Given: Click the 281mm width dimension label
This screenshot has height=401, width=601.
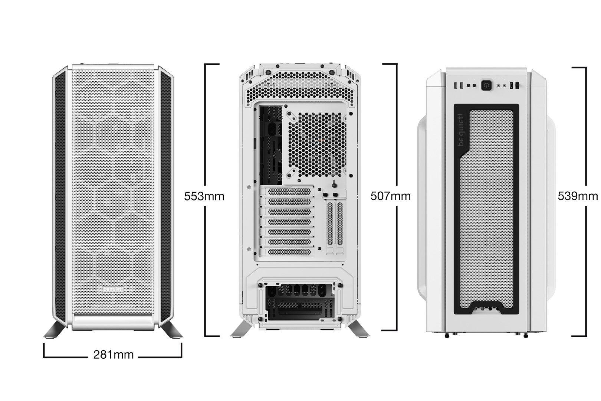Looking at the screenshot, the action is (x=114, y=355).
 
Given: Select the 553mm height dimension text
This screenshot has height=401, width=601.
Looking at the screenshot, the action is (x=204, y=196).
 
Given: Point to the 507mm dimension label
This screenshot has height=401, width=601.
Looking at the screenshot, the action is (x=390, y=196).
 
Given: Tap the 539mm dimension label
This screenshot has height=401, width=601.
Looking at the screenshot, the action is (x=578, y=196).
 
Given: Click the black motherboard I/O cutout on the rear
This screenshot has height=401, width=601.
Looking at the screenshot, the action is (x=271, y=145).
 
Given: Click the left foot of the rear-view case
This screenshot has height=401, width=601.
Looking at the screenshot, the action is (x=241, y=329).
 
